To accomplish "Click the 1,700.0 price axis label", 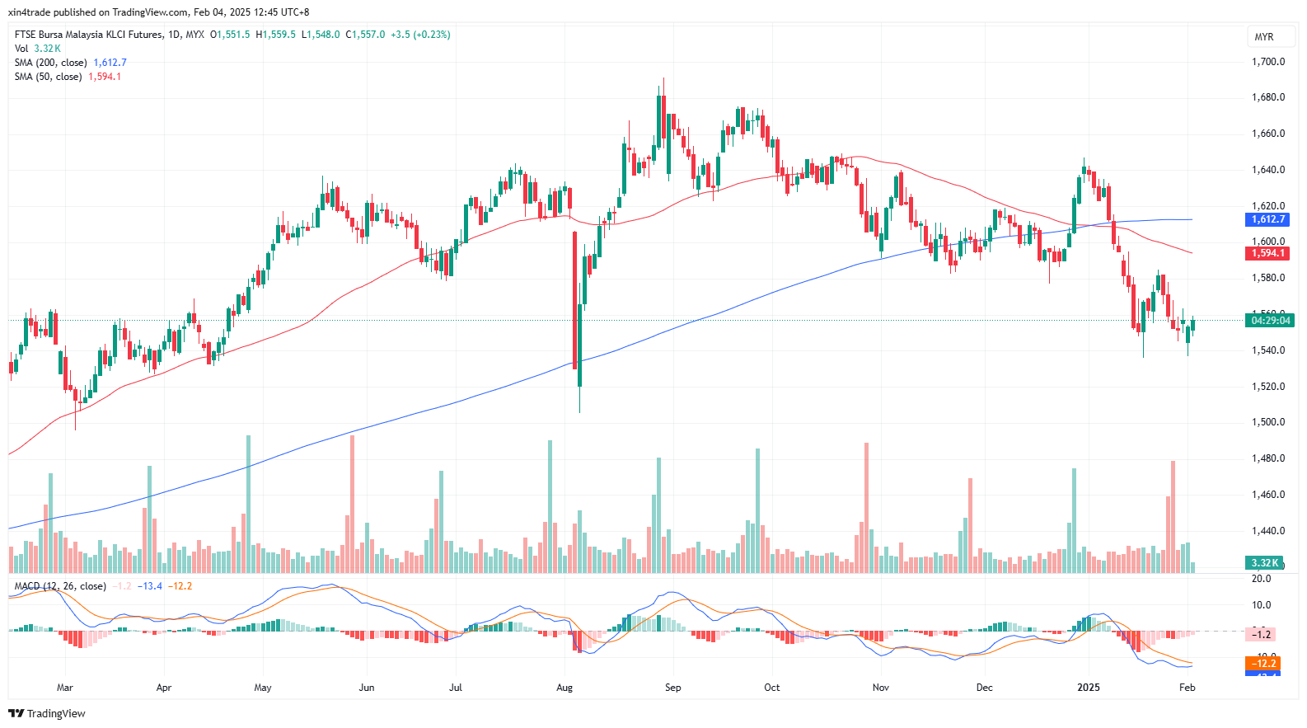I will tap(1267, 62).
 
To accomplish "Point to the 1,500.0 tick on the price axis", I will tap(1267, 422).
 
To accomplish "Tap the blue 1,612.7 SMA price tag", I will tap(1267, 219).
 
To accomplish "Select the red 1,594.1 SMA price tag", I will tap(1267, 253).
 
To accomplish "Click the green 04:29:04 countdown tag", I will tap(1270, 320).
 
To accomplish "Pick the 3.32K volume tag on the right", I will tap(1264, 563).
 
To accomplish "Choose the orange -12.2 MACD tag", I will tap(1262, 664).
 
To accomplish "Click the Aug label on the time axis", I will tap(564, 688).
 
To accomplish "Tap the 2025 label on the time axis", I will tap(1089, 688).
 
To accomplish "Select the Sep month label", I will tap(673, 688).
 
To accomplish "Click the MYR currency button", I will tap(1264, 37).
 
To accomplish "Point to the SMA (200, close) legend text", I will tap(50, 63).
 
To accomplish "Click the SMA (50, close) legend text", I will tap(48, 77).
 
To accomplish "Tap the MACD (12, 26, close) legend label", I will tap(60, 586).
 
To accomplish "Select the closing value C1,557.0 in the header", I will tap(365, 35).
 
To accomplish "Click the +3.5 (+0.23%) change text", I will tap(420, 35).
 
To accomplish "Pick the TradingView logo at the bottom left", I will tap(47, 713).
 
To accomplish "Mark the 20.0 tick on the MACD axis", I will tap(1261, 579).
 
